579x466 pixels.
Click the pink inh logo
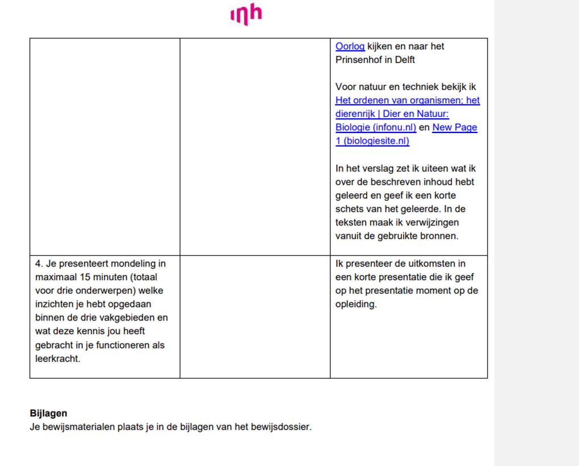point(246,15)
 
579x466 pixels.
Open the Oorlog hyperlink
point(350,47)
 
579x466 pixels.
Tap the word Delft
point(403,60)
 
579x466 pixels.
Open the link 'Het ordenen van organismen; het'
point(407,101)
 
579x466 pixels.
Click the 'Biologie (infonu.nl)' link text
point(375,127)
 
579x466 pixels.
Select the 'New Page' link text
point(454,127)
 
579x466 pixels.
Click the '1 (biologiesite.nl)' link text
point(372,141)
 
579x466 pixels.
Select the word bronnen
point(438,236)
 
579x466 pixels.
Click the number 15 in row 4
point(83,277)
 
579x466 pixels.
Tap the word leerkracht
point(57,359)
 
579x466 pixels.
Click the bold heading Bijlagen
point(48,414)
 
